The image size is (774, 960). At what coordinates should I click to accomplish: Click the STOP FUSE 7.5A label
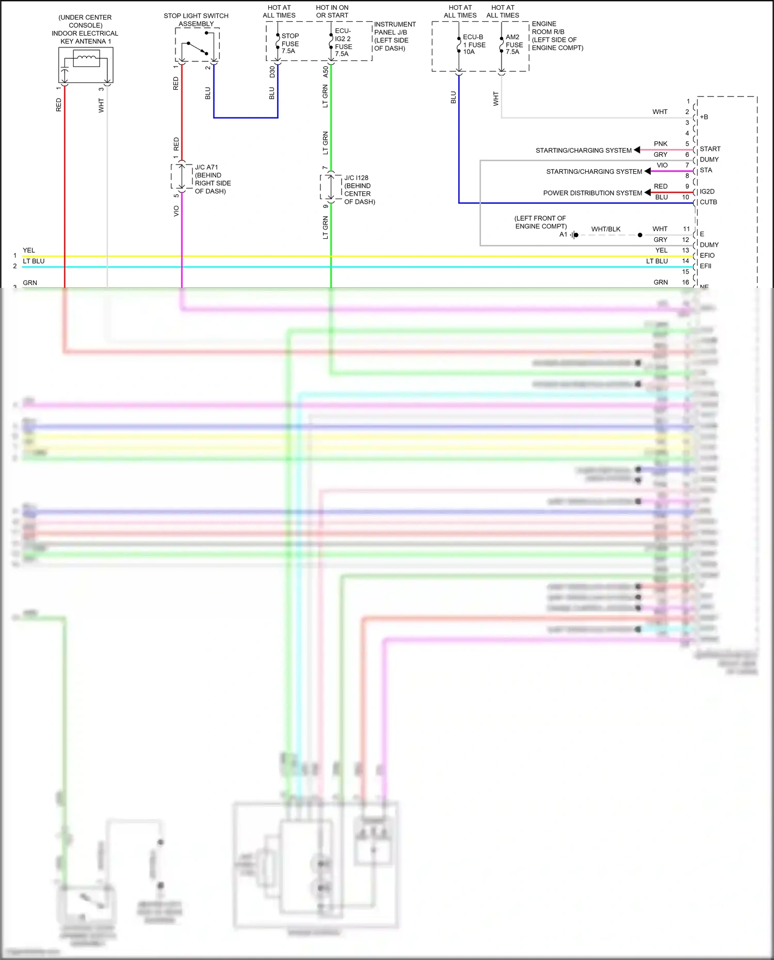point(289,43)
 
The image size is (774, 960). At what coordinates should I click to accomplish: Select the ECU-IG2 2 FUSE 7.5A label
point(343,42)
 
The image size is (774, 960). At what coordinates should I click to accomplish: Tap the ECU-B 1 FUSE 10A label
point(474,44)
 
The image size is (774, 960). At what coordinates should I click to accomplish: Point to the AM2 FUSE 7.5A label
point(514,44)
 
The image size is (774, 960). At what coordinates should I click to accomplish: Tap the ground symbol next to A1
point(574,235)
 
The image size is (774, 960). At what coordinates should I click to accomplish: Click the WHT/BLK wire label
point(606,229)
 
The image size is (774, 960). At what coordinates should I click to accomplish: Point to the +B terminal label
point(704,117)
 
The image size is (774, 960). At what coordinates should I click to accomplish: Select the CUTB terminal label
point(708,202)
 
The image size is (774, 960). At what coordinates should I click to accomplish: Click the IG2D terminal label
point(707,191)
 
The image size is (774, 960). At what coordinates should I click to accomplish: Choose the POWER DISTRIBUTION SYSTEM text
point(592,193)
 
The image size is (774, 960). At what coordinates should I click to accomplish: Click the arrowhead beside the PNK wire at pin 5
point(637,150)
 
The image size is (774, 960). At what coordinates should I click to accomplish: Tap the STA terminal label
point(705,170)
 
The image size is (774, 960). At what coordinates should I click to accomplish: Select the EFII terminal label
point(705,266)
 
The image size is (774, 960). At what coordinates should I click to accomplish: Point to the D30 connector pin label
point(272,72)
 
